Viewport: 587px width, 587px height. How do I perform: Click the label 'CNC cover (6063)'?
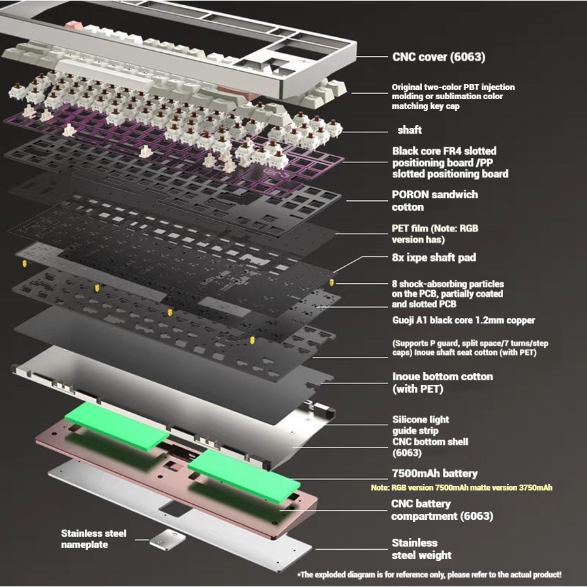coord(438,57)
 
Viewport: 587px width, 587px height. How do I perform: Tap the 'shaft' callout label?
coord(410,130)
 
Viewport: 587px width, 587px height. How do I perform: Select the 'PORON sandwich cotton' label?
coord(434,201)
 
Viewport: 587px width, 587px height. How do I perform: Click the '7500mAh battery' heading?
coord(434,474)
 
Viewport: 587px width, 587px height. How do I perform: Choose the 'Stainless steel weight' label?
coord(421,549)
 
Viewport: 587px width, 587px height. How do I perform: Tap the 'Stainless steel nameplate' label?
coord(94,539)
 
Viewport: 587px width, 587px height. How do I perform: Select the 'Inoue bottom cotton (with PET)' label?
coord(442,383)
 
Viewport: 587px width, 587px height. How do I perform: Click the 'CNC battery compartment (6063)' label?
coord(442,510)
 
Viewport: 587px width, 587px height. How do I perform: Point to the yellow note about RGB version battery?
coord(462,488)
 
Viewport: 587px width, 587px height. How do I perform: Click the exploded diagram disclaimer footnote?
coord(429,575)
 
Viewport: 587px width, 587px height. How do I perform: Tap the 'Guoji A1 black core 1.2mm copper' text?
coord(464,320)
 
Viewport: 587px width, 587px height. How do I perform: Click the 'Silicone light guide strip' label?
coord(420,425)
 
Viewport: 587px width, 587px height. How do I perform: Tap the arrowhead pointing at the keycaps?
coord(353,94)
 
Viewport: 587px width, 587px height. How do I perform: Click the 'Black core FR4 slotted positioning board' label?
coord(450,162)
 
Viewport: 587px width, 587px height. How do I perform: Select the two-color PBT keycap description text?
coord(453,96)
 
